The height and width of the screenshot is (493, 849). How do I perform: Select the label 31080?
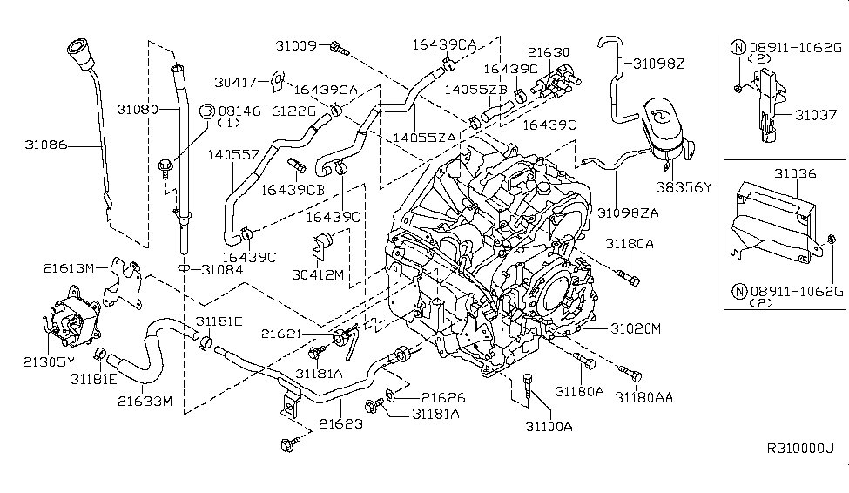(x=137, y=111)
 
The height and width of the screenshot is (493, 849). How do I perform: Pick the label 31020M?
(x=636, y=328)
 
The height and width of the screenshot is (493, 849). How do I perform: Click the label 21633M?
(x=145, y=402)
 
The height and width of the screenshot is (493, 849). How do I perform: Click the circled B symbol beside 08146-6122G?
(x=208, y=111)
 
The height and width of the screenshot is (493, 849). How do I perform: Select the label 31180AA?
(x=643, y=396)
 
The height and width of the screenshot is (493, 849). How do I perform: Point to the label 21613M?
(x=71, y=269)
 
